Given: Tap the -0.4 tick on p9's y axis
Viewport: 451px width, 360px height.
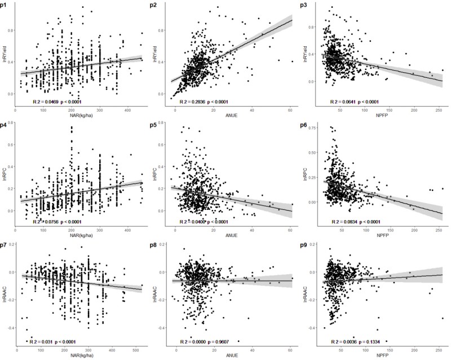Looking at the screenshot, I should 311,328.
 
